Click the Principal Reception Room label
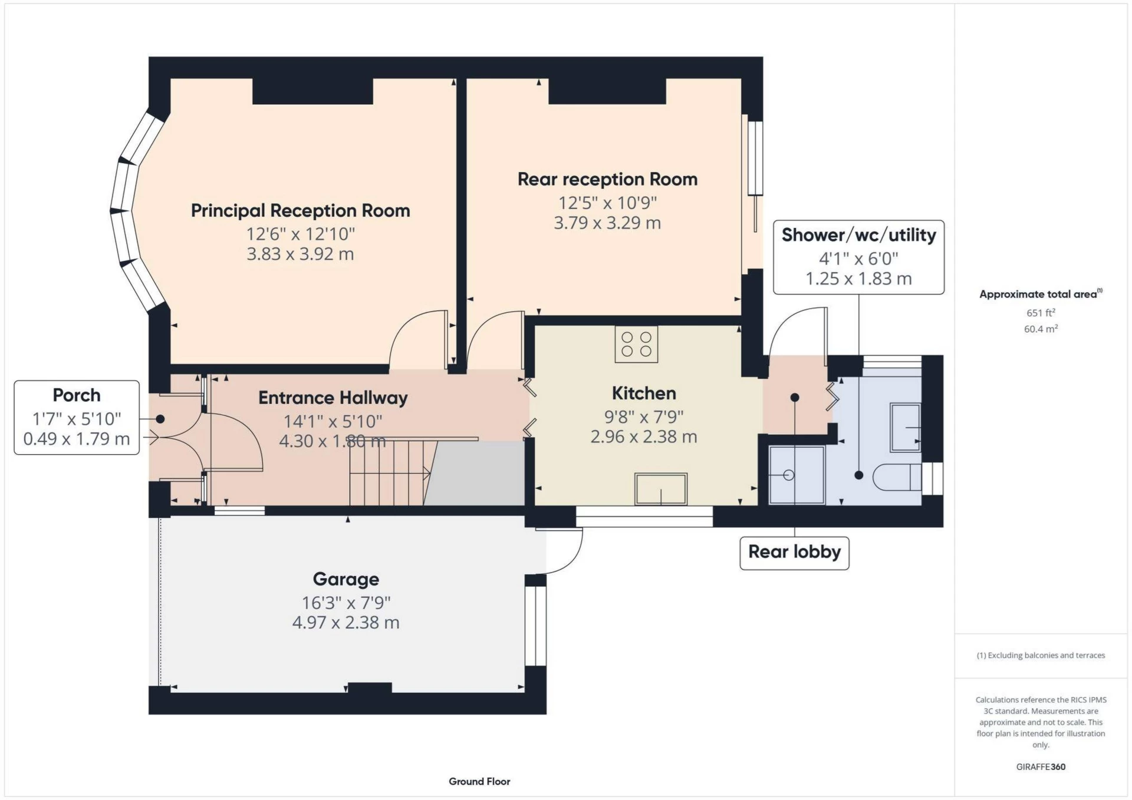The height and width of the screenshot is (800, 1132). coord(300,210)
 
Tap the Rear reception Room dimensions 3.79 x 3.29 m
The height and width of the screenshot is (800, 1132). coord(607,223)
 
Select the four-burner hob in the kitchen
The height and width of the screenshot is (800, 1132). coord(636,344)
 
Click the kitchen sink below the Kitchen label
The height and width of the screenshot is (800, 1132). coord(660,488)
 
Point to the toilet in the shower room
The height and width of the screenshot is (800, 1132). coord(896,477)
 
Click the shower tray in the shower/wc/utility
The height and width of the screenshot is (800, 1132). coord(797,475)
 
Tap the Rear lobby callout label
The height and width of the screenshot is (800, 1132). coord(794,552)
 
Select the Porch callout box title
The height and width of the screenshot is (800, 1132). coord(76,395)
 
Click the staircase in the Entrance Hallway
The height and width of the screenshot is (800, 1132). coord(386,472)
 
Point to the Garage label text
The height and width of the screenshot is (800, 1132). coord(345,579)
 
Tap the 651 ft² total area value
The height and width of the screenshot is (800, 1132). coord(1040,313)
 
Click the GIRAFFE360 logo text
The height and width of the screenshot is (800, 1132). coord(1041,766)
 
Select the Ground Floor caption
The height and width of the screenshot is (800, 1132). coord(479,781)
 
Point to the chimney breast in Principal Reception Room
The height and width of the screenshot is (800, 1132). coord(312,91)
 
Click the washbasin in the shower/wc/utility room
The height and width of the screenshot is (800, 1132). coord(905,427)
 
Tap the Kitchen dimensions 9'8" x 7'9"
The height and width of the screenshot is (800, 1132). coord(643,416)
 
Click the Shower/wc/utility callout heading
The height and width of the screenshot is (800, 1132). coord(858,234)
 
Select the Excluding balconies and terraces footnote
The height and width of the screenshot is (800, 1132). coord(1041,655)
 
